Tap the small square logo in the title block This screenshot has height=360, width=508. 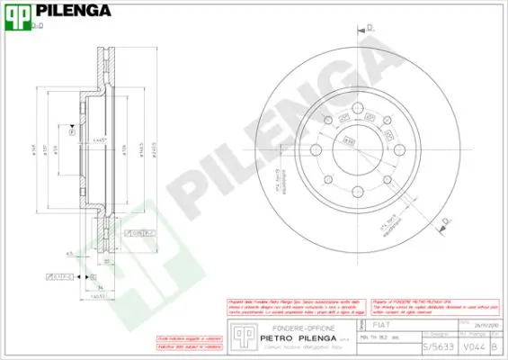tap(239, 334)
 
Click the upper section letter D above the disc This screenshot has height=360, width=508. tap(369, 31)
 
